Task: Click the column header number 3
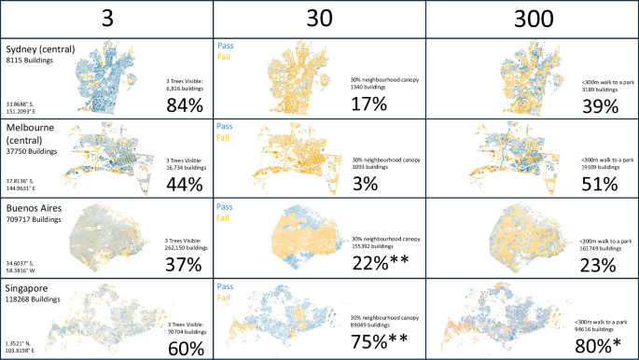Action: tap(106, 19)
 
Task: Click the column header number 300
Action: tap(532, 19)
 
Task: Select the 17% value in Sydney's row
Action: tap(369, 104)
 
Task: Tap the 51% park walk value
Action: tap(599, 182)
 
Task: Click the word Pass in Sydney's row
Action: tap(225, 45)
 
